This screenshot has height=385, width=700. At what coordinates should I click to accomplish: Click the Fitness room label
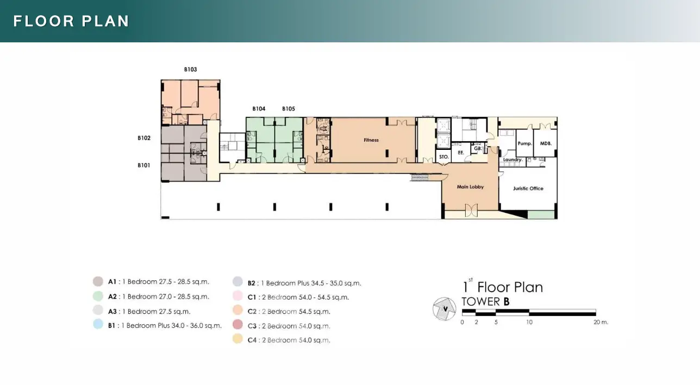[371, 140]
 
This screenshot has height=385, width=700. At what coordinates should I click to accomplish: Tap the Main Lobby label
[470, 187]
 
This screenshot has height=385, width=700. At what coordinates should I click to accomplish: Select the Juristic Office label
[528, 188]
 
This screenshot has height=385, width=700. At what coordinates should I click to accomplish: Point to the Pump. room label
[524, 144]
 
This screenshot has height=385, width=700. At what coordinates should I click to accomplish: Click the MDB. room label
[546, 144]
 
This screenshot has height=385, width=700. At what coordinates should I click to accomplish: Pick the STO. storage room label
[443, 157]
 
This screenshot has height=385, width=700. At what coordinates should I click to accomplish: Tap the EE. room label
[461, 153]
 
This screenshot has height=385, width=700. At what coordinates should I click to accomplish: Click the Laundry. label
[512, 160]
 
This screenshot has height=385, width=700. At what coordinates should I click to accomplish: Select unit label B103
[190, 70]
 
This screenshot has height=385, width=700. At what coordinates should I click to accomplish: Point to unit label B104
[259, 109]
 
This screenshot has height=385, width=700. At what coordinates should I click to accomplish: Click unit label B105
[289, 109]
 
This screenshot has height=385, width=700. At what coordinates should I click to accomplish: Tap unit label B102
[144, 138]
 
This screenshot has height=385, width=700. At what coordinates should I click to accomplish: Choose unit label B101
[144, 165]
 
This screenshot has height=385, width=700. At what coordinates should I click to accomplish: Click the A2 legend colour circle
[98, 296]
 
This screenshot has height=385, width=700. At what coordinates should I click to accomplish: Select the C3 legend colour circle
[237, 324]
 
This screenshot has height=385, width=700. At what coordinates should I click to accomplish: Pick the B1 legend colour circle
[98, 324]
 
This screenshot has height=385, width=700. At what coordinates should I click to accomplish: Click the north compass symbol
[445, 309]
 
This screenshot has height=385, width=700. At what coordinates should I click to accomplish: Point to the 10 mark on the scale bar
[529, 322]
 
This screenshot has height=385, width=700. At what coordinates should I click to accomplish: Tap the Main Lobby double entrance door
[471, 210]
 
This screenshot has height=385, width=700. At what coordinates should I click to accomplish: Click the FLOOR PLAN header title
[71, 21]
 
